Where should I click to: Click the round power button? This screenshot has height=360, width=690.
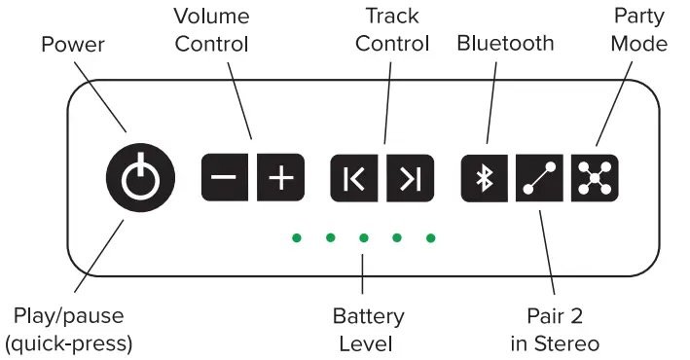click(x=141, y=178)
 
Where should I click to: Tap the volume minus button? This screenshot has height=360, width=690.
click(x=224, y=178)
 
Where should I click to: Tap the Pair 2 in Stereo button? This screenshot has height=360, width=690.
click(x=538, y=178)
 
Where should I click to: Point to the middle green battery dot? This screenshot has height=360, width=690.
click(x=363, y=237)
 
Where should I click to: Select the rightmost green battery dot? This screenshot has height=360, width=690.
click(x=430, y=237)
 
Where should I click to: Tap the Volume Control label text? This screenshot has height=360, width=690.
click(x=211, y=30)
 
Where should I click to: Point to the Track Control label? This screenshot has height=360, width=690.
click(x=392, y=30)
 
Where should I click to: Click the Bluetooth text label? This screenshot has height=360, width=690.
click(x=505, y=44)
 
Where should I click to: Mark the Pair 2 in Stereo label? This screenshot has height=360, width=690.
click(x=554, y=330)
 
